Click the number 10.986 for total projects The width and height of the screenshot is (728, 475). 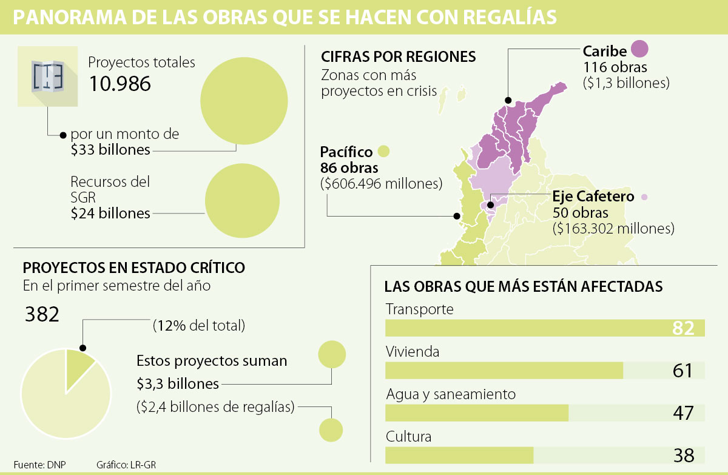[120, 84]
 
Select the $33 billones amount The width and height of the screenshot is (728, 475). [110, 149]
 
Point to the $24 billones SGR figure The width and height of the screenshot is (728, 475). [110, 213]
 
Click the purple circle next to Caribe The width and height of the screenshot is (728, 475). [639, 49]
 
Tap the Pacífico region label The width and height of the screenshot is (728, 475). [347, 152]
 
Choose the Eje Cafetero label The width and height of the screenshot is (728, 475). [593, 197]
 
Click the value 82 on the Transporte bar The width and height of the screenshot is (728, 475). [682, 328]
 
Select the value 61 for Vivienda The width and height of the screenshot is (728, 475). [682, 370]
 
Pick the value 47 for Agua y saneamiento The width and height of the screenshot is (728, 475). [682, 413]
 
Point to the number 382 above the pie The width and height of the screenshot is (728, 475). [42, 315]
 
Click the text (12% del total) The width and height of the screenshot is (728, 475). [199, 326]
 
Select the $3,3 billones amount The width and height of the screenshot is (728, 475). [177, 383]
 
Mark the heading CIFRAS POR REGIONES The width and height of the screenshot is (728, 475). [399, 57]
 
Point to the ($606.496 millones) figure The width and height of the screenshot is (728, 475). [381, 183]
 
